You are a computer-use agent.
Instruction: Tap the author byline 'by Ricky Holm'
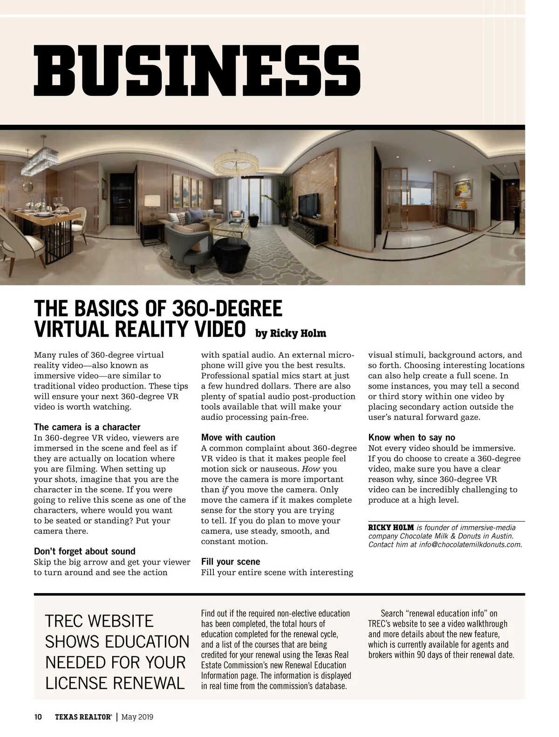[x=290, y=334]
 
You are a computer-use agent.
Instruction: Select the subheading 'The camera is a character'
[x=87, y=427]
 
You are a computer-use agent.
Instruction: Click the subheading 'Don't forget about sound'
[x=85, y=552]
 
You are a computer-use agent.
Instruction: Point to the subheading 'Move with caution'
[x=238, y=437]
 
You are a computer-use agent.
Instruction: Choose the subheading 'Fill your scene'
[x=231, y=562]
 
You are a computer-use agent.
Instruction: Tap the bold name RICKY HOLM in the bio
[x=391, y=527]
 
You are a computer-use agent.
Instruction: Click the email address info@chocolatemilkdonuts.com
[x=470, y=545]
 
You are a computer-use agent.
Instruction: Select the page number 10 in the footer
[x=38, y=717]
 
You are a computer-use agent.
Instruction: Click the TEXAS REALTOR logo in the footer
[x=83, y=717]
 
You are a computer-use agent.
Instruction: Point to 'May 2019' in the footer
[x=137, y=717]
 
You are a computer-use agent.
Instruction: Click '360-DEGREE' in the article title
[x=227, y=308]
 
